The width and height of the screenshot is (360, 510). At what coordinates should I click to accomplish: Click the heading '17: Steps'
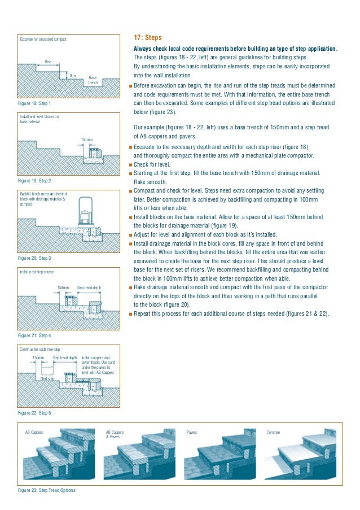point(147,38)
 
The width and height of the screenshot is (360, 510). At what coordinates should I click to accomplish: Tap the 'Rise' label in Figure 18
point(49,62)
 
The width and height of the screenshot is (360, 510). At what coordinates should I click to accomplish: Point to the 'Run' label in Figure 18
point(72,75)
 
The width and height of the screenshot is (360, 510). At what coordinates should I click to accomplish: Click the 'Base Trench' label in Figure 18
point(93,80)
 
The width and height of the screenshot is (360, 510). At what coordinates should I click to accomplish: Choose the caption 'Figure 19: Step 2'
point(35,181)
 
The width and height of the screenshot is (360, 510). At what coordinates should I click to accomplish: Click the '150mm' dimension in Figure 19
point(86,139)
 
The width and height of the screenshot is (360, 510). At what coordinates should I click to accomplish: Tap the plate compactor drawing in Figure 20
point(86,212)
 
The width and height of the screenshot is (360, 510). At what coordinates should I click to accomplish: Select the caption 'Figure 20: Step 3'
point(35,258)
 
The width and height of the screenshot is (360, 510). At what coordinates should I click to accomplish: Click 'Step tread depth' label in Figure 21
point(89,287)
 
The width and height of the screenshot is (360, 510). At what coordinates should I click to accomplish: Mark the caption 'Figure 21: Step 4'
point(35,335)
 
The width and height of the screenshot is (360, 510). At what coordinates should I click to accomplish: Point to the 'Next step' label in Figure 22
point(47,378)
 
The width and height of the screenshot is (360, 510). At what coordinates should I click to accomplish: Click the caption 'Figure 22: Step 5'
point(35,413)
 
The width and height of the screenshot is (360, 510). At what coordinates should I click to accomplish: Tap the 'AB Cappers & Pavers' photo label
point(115,434)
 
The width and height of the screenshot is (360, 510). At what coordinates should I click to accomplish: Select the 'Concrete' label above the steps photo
point(273,432)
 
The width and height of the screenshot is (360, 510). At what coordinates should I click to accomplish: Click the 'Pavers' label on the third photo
point(191,432)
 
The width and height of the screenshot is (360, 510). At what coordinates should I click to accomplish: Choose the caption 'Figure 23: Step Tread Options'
point(46,490)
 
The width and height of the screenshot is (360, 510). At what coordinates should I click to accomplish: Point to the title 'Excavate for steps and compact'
point(43,40)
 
